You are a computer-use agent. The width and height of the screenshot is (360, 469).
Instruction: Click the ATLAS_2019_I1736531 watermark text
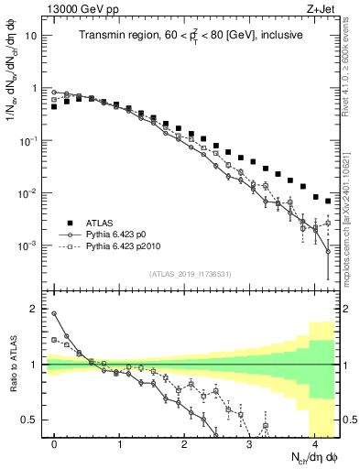point(190,275)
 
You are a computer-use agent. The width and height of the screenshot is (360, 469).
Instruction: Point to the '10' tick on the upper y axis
point(33,36)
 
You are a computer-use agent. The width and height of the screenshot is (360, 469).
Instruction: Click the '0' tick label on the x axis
point(54,443)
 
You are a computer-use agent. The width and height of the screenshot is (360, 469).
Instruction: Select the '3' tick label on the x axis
point(250,443)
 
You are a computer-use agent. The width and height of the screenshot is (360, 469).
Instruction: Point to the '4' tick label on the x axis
point(315,443)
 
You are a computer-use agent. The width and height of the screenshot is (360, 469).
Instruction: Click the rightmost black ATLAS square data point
point(328,201)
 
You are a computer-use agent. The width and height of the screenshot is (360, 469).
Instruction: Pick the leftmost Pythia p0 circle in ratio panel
point(55,314)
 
